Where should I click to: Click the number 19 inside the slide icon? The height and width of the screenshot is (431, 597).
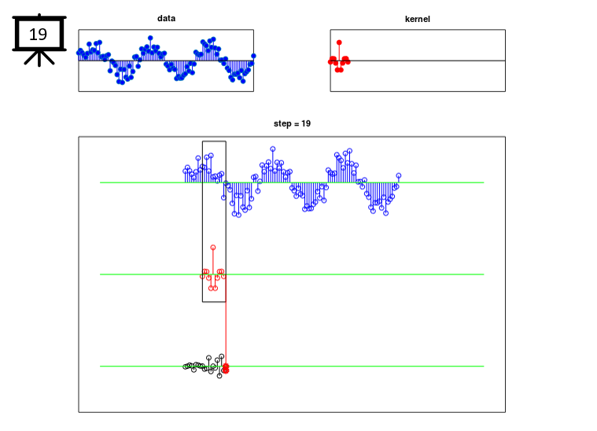click(x=38, y=35)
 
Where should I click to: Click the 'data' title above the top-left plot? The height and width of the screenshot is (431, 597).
click(x=167, y=18)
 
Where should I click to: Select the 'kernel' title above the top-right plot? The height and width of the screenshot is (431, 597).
click(x=418, y=19)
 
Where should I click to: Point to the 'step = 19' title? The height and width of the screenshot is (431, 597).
click(x=292, y=123)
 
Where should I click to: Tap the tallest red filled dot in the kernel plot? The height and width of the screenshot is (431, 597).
click(x=339, y=42)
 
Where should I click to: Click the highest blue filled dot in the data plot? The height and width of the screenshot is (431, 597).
click(x=150, y=38)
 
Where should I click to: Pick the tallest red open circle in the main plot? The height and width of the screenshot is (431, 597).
click(x=213, y=248)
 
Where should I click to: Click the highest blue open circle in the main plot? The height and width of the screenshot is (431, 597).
click(x=273, y=149)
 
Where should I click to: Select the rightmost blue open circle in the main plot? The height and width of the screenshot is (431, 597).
click(x=399, y=175)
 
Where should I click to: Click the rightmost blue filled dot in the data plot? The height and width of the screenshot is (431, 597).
click(x=253, y=56)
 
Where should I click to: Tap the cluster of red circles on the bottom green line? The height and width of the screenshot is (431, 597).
click(x=226, y=368)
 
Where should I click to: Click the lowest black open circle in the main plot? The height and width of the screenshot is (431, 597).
click(x=219, y=376)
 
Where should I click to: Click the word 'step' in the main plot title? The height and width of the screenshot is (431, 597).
click(x=281, y=124)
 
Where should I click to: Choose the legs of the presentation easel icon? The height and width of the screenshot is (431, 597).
click(x=39, y=58)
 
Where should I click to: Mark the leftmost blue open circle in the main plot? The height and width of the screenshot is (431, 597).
click(x=186, y=171)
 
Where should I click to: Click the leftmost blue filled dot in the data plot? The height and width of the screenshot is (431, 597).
click(x=79, y=52)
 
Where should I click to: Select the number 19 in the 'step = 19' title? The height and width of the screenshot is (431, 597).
click(x=306, y=123)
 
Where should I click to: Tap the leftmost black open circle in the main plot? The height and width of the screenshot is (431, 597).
click(x=186, y=367)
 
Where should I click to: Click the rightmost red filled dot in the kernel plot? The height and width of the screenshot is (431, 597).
click(x=348, y=61)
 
